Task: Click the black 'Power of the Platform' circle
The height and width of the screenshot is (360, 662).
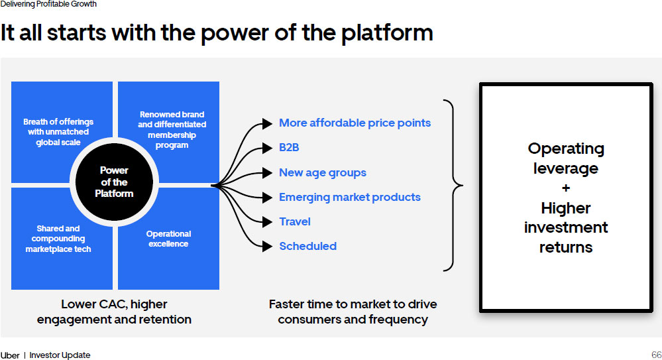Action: (x=114, y=182)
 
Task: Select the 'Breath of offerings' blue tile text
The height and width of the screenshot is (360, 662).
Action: (x=58, y=132)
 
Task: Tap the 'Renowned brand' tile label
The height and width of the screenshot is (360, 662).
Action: (x=172, y=130)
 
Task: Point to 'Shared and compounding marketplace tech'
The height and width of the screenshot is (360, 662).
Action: (x=58, y=239)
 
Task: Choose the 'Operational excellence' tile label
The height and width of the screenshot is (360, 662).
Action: (x=168, y=239)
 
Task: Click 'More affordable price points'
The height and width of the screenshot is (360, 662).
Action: (x=355, y=123)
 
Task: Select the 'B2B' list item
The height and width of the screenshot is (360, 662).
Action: (x=289, y=148)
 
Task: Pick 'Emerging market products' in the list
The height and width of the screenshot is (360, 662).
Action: (x=349, y=197)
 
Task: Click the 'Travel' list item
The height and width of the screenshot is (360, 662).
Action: (x=294, y=221)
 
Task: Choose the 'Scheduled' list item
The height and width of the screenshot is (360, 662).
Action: (x=307, y=246)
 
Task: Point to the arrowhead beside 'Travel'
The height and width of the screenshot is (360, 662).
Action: (x=267, y=222)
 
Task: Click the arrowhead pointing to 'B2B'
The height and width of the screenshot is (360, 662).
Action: (x=267, y=148)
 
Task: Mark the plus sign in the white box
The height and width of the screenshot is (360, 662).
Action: (x=565, y=188)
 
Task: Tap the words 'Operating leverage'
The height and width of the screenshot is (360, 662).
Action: (x=565, y=158)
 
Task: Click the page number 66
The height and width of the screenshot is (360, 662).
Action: (x=656, y=355)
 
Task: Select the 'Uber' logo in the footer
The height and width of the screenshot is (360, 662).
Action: (x=10, y=355)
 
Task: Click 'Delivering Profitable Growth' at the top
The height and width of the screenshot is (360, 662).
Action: (x=48, y=4)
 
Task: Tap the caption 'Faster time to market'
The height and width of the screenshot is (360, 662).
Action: (x=353, y=304)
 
